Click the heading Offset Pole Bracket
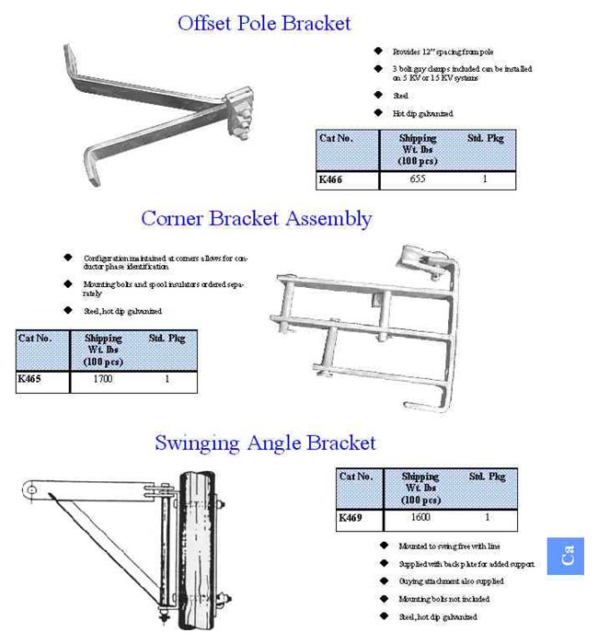264,22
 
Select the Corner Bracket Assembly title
256,218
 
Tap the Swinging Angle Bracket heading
265,443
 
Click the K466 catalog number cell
330,180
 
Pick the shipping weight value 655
417,180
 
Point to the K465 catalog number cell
29,378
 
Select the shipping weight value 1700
103,378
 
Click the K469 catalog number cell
351,518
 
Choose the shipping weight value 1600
420,518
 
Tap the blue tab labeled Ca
566,556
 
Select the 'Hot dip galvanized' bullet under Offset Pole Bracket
422,114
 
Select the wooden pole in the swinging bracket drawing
197,552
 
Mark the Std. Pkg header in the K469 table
487,477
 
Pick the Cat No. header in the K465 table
35,339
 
